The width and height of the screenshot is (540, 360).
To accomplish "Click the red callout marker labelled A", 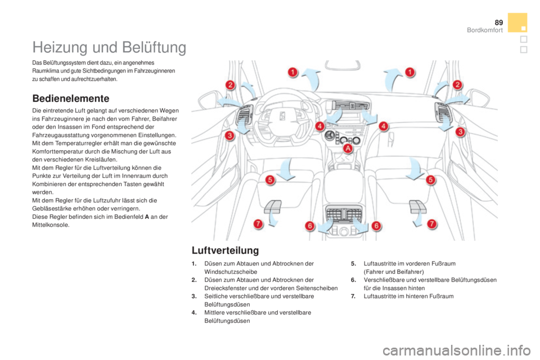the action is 348,148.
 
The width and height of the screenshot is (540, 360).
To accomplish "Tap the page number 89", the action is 498,22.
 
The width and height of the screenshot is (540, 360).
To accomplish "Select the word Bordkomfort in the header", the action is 484,30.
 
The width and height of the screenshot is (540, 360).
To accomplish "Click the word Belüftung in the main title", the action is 154,47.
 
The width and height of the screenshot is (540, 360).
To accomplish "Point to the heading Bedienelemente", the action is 71,98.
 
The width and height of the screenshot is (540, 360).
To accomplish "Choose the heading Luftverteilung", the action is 225,250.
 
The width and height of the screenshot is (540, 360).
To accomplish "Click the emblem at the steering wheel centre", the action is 282,116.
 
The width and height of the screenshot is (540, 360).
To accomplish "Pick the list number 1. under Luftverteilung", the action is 194,264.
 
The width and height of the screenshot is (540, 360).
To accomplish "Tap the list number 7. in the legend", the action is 353,296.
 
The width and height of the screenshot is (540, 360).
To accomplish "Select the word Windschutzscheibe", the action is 231,272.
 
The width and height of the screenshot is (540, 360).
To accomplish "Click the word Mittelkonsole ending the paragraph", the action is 50,225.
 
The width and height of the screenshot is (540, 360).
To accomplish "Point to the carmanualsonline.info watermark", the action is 456,350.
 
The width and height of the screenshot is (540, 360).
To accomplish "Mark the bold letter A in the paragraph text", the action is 147,217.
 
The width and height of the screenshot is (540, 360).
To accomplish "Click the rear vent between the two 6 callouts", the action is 343,214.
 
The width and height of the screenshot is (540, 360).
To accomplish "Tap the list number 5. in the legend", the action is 353,264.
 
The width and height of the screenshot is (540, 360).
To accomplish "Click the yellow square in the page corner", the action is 517,22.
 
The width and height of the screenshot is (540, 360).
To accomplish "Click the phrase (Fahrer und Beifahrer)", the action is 394,272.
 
